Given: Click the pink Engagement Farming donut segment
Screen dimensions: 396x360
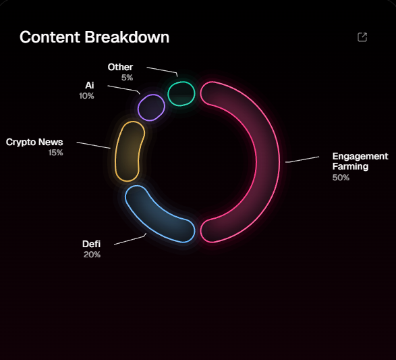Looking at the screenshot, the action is pos(268,162).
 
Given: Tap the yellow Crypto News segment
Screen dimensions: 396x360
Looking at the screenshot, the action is pos(129,151).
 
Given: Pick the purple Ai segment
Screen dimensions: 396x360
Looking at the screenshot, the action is pos(151,107).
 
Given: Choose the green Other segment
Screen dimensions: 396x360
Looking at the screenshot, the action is pos(181,93).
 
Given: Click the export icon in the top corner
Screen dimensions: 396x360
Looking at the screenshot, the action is pos(362,37).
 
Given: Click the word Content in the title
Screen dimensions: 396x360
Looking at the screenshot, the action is pos(50,37).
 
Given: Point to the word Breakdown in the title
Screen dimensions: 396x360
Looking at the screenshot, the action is pos(127,37).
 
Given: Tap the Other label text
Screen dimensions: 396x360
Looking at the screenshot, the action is pos(120,67).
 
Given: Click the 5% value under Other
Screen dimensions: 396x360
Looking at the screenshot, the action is pos(127,78).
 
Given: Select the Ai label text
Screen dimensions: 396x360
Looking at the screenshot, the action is pos(90,85).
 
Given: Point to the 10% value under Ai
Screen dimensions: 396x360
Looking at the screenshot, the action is pos(86,96).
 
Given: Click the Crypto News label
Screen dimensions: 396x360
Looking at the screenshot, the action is pos(34,143).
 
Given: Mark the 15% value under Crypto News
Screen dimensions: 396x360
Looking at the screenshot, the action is pos(55,153).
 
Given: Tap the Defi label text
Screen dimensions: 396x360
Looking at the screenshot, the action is pos(92,244).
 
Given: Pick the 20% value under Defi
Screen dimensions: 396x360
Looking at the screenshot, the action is pos(92,255).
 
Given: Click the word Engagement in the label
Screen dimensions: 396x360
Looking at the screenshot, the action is pos(360,157).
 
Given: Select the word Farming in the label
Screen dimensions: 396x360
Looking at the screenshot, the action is pos(350,167).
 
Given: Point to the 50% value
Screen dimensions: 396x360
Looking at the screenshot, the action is pos(341,178).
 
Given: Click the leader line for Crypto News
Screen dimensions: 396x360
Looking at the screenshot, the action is pos(94,145).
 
